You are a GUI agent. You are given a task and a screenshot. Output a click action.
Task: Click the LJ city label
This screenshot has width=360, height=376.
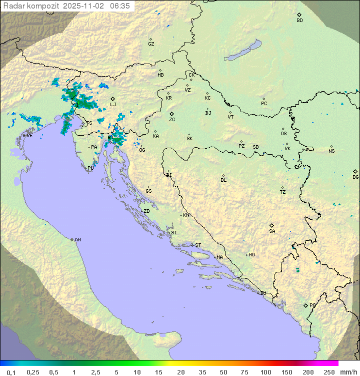[113, 105]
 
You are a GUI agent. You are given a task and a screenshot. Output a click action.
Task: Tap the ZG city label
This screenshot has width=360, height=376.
[172, 120]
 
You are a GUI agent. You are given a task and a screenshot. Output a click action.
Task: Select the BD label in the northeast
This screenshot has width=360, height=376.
[299, 21]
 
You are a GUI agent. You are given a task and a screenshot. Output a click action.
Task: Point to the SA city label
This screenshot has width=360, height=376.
[272, 231]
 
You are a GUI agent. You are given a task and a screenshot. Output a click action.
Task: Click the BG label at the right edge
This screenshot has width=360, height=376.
[355, 177]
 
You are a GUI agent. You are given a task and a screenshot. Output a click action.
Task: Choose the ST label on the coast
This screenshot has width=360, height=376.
[198, 245]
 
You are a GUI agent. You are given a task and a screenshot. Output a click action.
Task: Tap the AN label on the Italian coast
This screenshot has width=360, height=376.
[77, 240]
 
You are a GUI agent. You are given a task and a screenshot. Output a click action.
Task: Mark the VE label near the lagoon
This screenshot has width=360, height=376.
[29, 136]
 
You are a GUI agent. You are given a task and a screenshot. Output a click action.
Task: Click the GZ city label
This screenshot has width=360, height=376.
[151, 44]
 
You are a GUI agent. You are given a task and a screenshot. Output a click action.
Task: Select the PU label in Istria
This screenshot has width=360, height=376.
[90, 168]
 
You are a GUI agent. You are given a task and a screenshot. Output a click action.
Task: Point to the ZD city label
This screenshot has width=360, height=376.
[146, 211]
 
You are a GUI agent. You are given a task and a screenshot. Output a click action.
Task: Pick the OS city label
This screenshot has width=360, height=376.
[283, 134]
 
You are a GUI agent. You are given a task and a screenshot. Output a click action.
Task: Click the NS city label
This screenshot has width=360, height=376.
[331, 151]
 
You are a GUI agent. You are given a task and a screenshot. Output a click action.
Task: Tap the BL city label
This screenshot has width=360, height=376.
[223, 180]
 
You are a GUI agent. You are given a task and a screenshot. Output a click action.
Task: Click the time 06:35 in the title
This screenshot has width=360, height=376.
[120, 6]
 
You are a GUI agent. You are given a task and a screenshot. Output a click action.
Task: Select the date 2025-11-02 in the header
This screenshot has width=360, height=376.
[84, 6]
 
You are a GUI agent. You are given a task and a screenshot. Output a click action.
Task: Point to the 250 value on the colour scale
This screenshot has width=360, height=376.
[329, 372]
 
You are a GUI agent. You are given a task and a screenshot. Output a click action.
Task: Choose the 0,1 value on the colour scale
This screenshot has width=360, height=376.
[11, 372]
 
